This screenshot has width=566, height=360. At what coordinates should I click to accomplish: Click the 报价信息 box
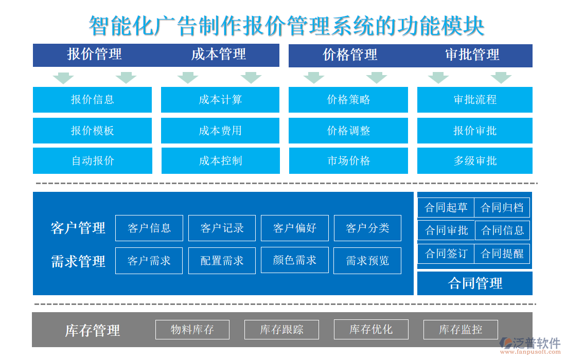click(93, 100)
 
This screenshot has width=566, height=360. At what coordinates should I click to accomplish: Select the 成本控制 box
click(220, 161)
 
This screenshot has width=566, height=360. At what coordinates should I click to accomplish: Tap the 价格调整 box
click(348, 131)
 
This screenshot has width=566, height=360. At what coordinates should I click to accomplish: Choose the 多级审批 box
click(474, 161)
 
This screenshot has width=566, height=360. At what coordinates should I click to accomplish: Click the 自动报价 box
click(93, 161)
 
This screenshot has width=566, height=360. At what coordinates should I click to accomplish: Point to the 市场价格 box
click(348, 161)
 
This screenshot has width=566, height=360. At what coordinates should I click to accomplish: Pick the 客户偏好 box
click(295, 228)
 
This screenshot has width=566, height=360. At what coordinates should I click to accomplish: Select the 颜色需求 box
click(295, 260)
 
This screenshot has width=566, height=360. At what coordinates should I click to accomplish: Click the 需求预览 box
click(367, 261)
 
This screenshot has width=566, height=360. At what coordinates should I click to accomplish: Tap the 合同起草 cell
click(446, 208)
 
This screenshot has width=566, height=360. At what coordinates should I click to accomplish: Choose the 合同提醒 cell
click(502, 254)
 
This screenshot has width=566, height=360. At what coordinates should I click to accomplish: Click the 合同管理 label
click(475, 283)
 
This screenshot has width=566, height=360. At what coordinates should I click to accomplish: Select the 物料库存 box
click(192, 330)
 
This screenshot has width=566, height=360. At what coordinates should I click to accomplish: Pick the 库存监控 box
click(461, 330)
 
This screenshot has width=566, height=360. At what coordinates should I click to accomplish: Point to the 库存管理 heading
click(93, 330)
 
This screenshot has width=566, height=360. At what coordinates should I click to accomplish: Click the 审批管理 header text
click(472, 55)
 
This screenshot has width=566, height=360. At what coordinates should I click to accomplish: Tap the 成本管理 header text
click(219, 55)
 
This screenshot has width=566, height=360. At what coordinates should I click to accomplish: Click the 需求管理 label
click(78, 261)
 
